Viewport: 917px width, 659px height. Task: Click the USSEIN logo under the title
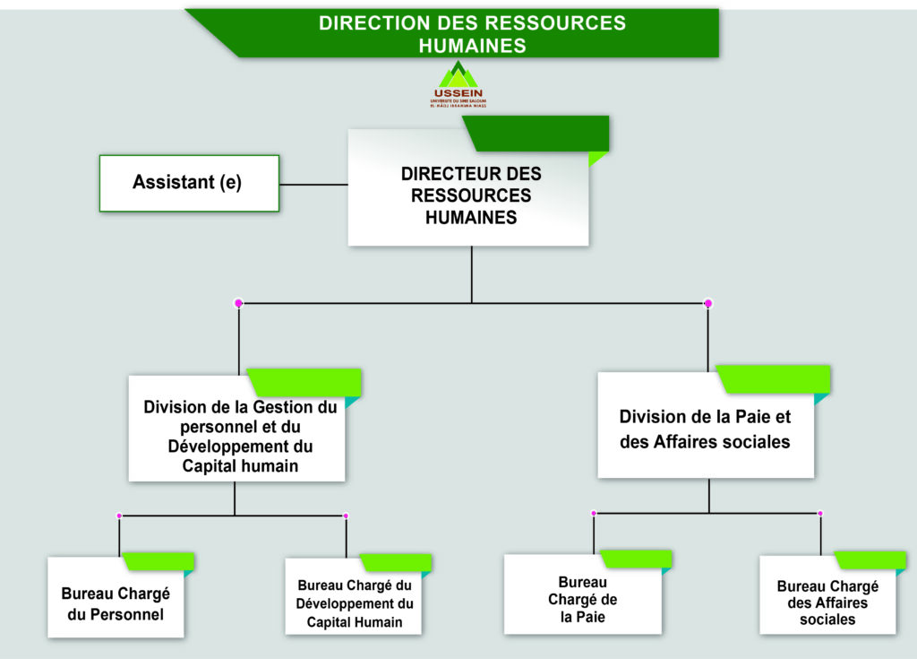click(x=458, y=85)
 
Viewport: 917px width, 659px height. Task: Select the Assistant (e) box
click(x=189, y=183)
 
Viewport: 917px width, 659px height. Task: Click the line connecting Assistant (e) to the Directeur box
click(x=313, y=185)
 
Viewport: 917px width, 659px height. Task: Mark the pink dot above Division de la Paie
click(x=708, y=303)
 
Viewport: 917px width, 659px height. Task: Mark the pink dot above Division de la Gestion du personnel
click(x=238, y=303)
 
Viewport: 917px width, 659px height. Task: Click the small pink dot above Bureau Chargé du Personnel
click(x=119, y=516)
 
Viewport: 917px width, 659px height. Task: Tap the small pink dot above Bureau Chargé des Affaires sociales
click(x=820, y=514)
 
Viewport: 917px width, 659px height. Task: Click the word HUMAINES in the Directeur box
click(x=471, y=217)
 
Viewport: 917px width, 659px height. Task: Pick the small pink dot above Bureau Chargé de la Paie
click(x=594, y=514)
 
